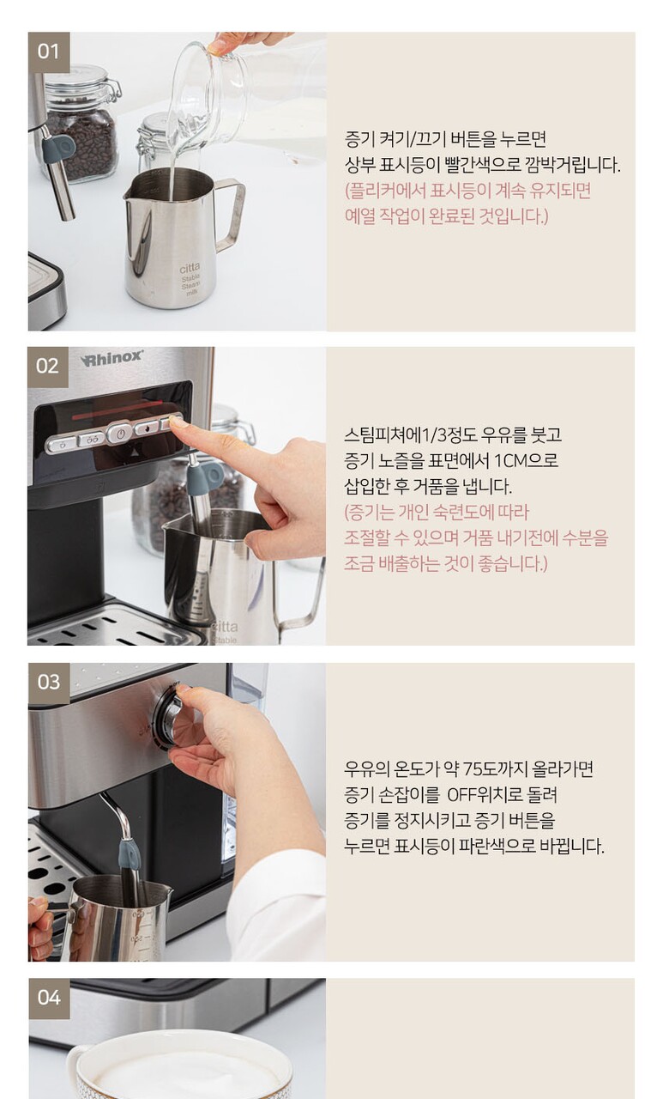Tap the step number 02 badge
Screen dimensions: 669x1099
click(47, 367)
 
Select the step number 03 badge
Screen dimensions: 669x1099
click(49, 683)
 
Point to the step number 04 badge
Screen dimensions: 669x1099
click(49, 999)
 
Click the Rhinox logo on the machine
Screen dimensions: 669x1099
click(112, 358)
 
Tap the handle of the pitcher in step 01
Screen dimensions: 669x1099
click(231, 214)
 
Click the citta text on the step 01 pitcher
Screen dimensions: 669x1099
click(190, 268)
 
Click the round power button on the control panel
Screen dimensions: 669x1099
click(119, 434)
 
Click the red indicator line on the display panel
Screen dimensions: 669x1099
click(118, 410)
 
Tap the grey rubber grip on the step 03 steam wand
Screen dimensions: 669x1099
click(130, 853)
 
